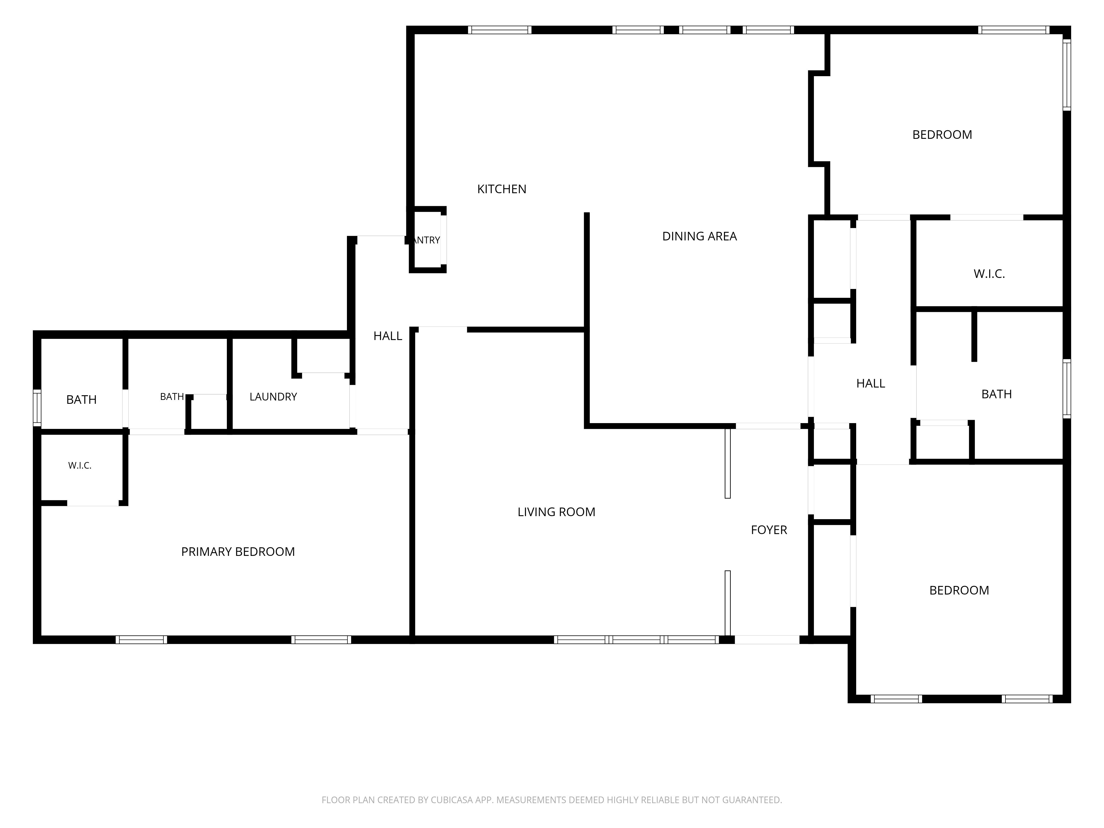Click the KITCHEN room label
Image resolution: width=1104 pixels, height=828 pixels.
click(x=501, y=189)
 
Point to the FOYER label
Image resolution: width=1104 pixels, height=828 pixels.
click(x=769, y=530)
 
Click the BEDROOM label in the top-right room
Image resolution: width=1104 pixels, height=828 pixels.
click(x=942, y=135)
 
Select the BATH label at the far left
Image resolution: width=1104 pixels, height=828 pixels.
click(x=81, y=399)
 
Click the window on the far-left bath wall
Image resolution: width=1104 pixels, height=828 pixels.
click(x=37, y=408)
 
